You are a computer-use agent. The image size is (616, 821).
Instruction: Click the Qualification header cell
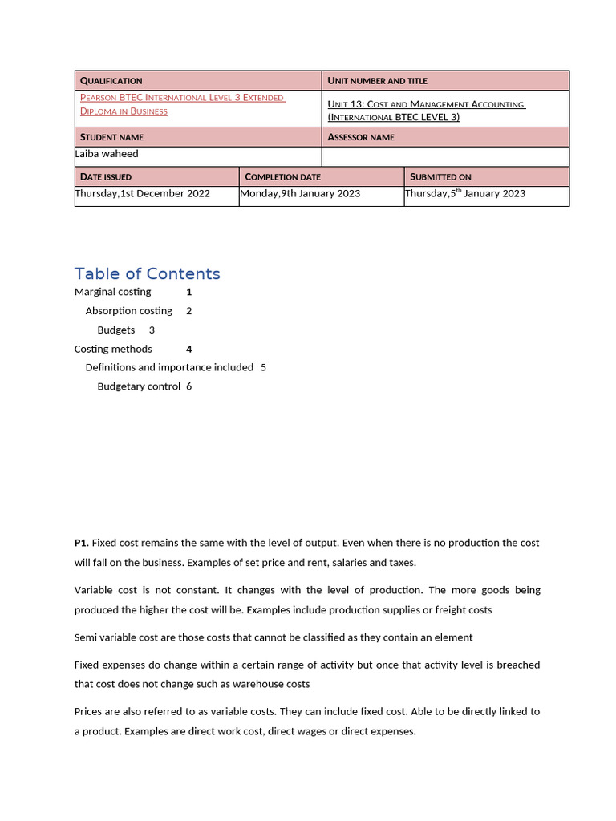(x=111, y=81)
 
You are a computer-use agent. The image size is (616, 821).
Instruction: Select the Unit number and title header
(x=377, y=81)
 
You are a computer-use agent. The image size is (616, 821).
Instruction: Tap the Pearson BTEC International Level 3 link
(x=182, y=104)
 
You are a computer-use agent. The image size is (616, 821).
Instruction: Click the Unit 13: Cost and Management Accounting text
(x=426, y=111)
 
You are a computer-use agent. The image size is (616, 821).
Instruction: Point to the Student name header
(x=111, y=137)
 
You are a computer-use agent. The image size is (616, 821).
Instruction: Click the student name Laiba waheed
(x=107, y=154)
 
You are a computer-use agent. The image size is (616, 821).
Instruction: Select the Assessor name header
(x=361, y=137)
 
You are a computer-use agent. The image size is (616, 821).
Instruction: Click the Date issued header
(x=106, y=176)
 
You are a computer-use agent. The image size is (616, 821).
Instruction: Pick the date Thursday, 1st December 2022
(x=143, y=193)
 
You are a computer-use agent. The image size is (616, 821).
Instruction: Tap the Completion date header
(x=282, y=176)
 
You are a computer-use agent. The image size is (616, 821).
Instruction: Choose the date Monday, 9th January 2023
(x=300, y=193)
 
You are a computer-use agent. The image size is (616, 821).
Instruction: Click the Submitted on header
(x=440, y=176)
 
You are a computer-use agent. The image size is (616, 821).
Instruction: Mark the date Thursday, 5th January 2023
(x=465, y=193)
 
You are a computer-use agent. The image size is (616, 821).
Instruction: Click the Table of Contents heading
(x=147, y=274)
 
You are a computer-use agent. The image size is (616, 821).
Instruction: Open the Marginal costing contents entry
(x=112, y=292)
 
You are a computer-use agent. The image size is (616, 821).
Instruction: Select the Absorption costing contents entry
(x=128, y=311)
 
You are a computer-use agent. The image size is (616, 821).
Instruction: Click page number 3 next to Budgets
(x=152, y=330)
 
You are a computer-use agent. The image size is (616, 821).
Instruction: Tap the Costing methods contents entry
(x=113, y=349)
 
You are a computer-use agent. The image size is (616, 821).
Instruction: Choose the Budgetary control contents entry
(x=139, y=386)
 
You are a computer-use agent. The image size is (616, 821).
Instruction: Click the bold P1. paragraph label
(x=81, y=543)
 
